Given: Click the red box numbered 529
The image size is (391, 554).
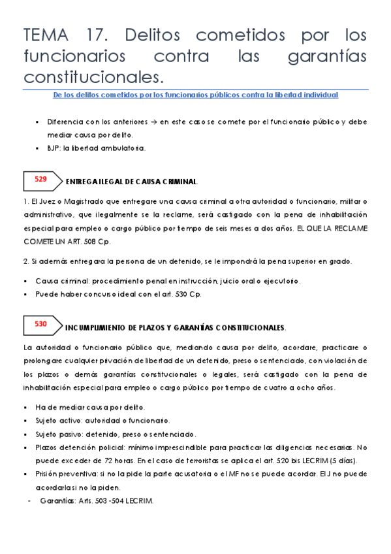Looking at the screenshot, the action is tap(40, 178).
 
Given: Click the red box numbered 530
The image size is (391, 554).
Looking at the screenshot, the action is tap(40, 323).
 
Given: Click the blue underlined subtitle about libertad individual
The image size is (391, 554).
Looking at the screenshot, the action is tap(195, 95).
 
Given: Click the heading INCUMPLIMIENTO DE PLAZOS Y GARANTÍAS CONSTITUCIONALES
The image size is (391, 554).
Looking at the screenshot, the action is tap(176, 327).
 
